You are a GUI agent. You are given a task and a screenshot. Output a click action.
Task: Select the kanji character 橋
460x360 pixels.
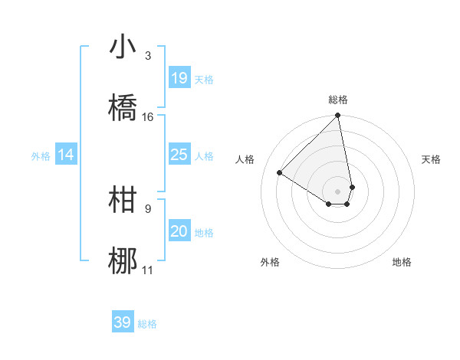pos(123,108)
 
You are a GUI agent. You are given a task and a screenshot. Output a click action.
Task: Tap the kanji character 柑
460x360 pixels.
pos(123,200)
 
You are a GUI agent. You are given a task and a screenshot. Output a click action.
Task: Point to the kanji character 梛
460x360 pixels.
pos(123,261)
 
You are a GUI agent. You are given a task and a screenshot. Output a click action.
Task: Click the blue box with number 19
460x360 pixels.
pos(179,77)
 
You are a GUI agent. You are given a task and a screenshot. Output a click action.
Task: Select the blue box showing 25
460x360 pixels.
pos(179,155)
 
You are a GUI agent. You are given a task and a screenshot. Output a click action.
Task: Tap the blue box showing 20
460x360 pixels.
pos(179,232)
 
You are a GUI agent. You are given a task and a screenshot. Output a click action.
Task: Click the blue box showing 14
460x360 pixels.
pos(66,155)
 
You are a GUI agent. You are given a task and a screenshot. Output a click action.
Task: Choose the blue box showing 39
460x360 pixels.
pos(123,322)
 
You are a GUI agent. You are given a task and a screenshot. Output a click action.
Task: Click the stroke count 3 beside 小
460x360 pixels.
pos(148,56)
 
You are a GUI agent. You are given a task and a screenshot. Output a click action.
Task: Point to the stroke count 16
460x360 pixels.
pos(148,117)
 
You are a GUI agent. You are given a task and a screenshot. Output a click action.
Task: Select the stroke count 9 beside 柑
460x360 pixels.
pos(148,208)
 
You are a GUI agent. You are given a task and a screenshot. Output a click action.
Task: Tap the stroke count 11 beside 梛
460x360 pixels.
pos(148,270)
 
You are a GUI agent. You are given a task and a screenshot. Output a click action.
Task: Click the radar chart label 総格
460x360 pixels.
pos(338,100)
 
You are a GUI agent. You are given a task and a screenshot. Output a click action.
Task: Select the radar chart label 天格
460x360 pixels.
pos(431,159)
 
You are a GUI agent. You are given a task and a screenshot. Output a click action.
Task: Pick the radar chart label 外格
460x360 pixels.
pos(270,262)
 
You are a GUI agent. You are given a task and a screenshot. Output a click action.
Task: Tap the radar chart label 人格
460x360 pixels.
pos(245,159)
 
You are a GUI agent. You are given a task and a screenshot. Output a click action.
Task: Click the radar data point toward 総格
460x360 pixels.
pos(338,116)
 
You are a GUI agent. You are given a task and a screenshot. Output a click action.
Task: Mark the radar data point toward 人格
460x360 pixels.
pos(280,173)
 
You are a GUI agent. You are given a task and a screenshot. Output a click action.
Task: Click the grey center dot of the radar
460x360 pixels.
pos(338,191)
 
